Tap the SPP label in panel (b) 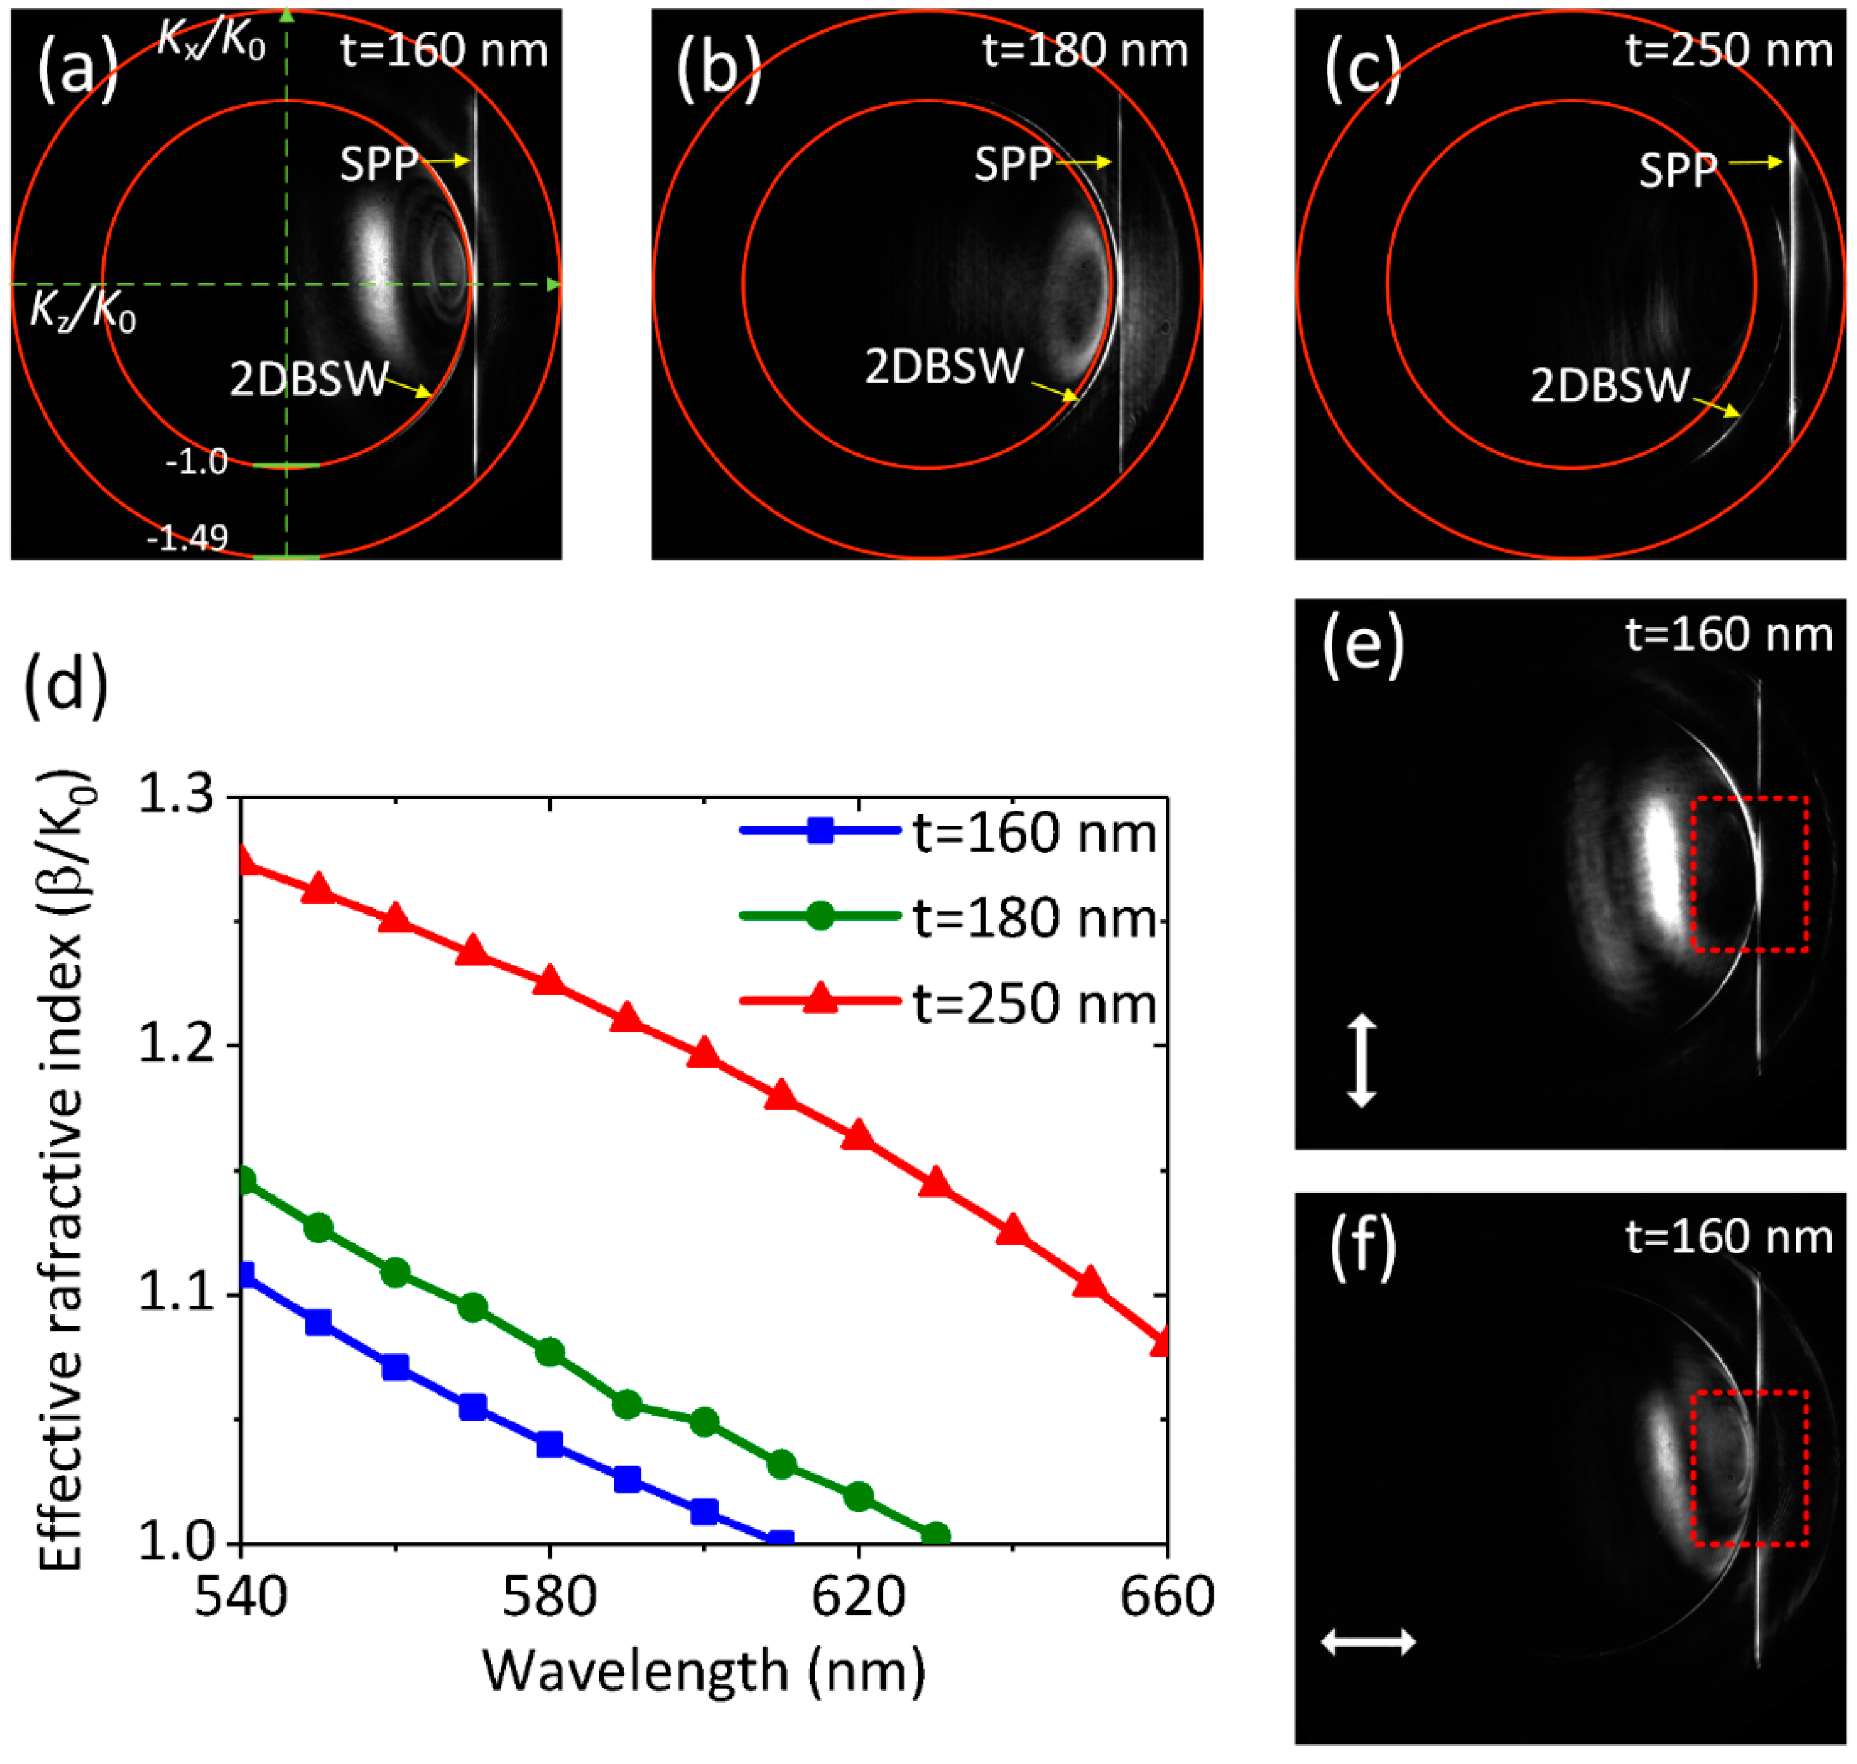[x=1012, y=165]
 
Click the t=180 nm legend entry [x=1033, y=918]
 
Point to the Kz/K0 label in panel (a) [x=83, y=311]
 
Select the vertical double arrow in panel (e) [x=1361, y=1059]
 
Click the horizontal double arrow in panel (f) [x=1368, y=1642]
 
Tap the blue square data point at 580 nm [x=549, y=1444]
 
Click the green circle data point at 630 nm [x=935, y=1535]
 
